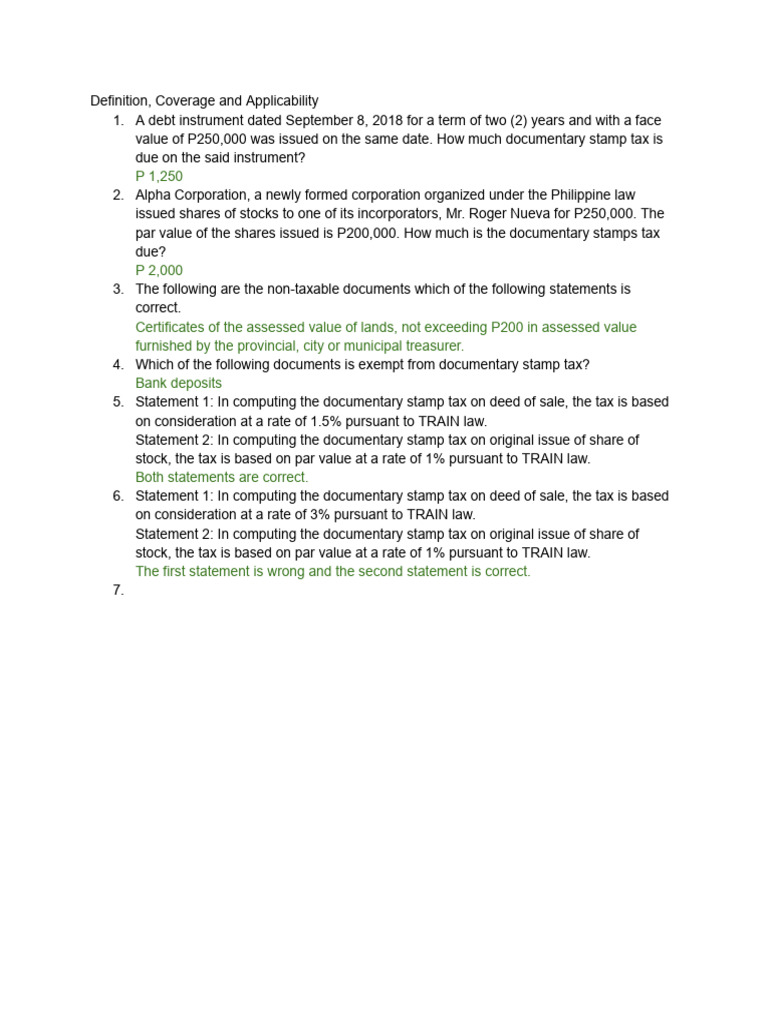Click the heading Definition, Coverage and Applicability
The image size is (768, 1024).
(x=204, y=100)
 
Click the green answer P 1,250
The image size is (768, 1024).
(x=159, y=176)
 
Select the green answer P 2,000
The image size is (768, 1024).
(x=159, y=270)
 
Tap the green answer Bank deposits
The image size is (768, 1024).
(x=179, y=383)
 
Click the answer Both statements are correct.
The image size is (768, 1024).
(x=222, y=477)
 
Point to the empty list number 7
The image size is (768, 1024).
(x=118, y=590)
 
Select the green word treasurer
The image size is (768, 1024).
(x=432, y=346)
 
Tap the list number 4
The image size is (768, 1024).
(x=118, y=365)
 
